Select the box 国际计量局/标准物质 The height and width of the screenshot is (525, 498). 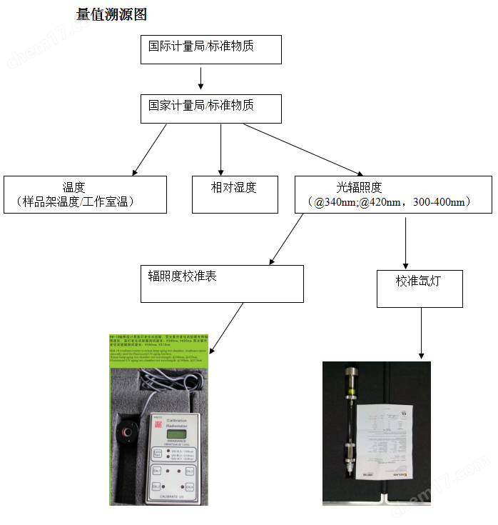pos(210,49)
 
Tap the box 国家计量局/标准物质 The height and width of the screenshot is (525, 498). pos(210,108)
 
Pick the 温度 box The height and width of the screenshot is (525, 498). pos(85,194)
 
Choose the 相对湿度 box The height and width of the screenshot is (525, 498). pos(235,194)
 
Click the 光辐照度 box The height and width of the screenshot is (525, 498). pos(393,194)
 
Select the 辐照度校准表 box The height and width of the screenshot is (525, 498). pos(221,284)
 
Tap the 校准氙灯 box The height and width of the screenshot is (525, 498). pos(420,288)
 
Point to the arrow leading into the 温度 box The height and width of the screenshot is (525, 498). pos(150,149)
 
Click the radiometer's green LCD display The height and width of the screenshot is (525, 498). pos(174,434)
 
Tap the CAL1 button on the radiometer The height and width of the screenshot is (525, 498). pos(158,470)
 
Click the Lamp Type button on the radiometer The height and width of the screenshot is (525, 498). pos(157,453)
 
